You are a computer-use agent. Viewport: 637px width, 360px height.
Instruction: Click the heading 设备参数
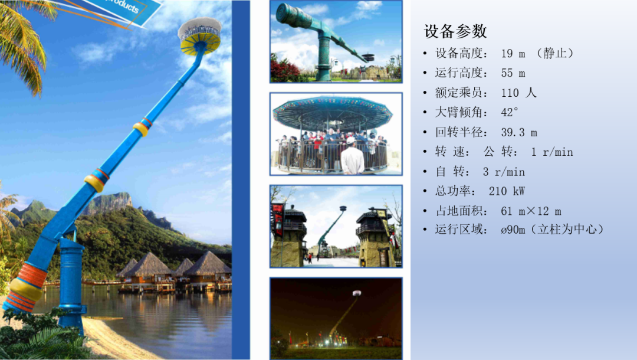tap(455, 31)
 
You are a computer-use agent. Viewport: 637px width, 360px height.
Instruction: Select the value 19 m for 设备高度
tap(513, 54)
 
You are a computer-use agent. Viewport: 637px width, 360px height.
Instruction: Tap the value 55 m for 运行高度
tap(513, 73)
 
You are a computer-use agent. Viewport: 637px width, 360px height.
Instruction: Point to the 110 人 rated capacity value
tap(518, 93)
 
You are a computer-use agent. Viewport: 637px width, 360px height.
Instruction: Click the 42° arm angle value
tap(510, 112)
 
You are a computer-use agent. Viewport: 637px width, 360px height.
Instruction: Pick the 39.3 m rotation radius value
tap(519, 132)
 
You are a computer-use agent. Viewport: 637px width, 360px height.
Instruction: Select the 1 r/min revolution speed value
tap(551, 152)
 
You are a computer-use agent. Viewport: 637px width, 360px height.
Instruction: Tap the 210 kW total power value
tap(507, 191)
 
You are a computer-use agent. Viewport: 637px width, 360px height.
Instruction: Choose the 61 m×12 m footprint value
tap(531, 211)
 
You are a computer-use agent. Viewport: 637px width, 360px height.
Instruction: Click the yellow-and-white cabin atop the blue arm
tap(199, 35)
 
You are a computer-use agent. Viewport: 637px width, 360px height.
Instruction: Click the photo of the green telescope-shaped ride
tap(336, 41)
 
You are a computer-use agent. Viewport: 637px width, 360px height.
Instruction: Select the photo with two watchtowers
tap(336, 226)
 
